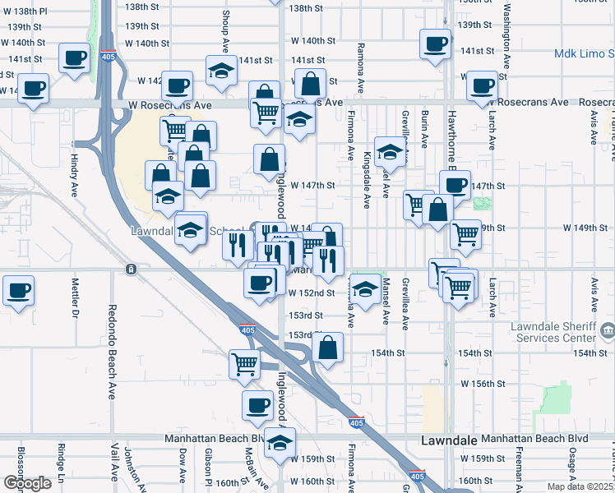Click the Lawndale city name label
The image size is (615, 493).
448,440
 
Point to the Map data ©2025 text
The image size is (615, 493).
580,486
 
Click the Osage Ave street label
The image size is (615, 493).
571,468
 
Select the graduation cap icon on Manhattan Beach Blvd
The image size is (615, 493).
280,440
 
